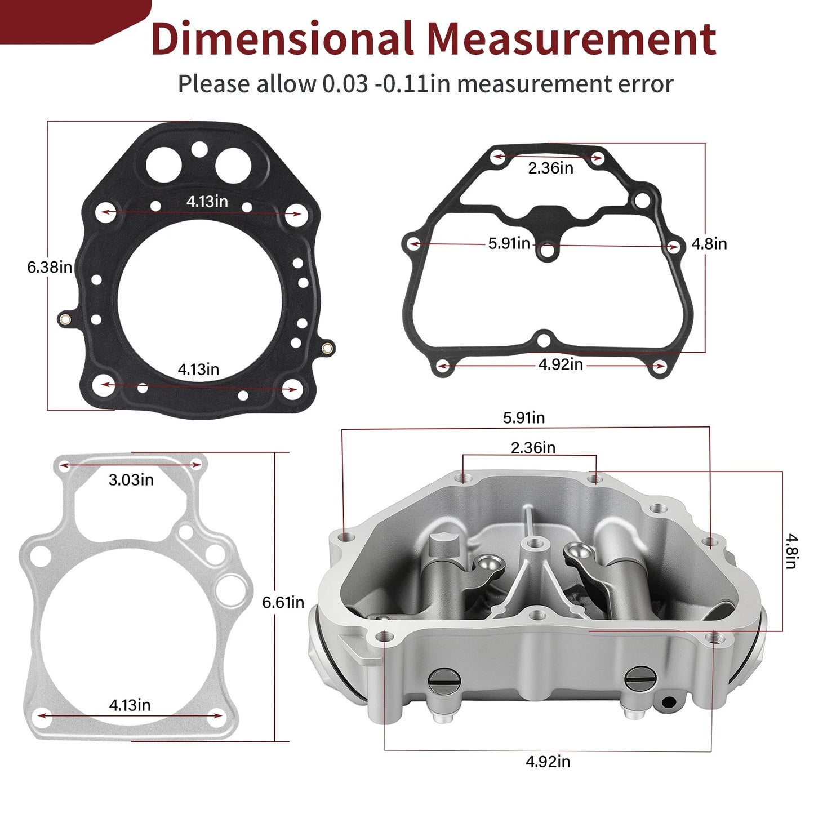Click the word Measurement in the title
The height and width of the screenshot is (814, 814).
pyautogui.click(x=571, y=39)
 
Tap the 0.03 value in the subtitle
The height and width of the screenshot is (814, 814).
pyautogui.click(x=344, y=84)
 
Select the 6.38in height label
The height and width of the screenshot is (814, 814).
pyautogui.click(x=50, y=267)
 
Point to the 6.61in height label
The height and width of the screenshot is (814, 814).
pyautogui.click(x=283, y=603)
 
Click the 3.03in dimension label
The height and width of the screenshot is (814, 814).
pyautogui.click(x=131, y=480)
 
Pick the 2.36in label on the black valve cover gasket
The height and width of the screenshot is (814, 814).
pyautogui.click(x=550, y=168)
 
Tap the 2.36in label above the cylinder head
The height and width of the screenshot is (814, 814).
pyautogui.click(x=533, y=448)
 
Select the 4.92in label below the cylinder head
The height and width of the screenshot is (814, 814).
pyautogui.click(x=548, y=762)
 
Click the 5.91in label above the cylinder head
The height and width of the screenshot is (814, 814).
pyautogui.click(x=523, y=418)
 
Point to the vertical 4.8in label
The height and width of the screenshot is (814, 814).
pyautogui.click(x=791, y=551)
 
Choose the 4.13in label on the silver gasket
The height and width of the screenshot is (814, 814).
pyautogui.click(x=130, y=705)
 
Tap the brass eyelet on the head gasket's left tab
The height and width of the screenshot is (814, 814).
pyautogui.click(x=64, y=321)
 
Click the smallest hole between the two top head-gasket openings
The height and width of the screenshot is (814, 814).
pyautogui.click(x=199, y=149)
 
